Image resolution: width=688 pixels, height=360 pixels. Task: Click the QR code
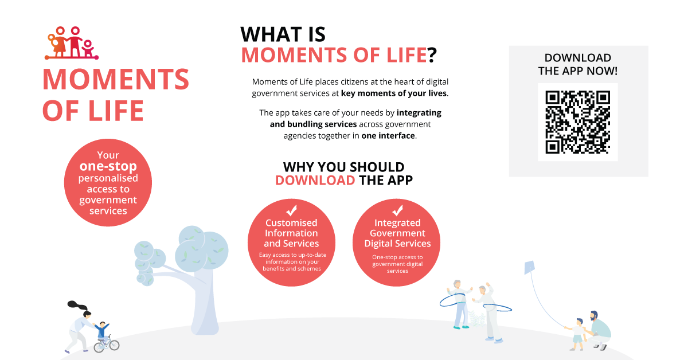[577, 122]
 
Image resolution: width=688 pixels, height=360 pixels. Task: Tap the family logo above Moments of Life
[72, 43]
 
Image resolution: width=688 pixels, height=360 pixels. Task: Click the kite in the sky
[530, 268]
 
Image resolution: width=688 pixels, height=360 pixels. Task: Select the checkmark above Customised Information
[291, 211]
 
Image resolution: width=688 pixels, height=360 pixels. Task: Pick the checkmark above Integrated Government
[397, 211]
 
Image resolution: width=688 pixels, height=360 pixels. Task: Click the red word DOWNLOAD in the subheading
[315, 181]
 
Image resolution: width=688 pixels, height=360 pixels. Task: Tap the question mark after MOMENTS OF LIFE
[432, 55]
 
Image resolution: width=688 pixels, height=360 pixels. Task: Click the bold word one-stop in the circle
[108, 166]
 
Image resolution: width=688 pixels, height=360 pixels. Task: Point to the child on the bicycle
[103, 332]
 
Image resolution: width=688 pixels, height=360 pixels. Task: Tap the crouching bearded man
[599, 331]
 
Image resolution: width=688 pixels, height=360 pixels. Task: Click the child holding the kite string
[577, 335]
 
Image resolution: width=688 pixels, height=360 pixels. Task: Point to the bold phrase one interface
[388, 136]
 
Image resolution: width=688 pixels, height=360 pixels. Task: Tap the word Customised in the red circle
[291, 222]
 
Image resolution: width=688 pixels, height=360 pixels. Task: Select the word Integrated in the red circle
[397, 222]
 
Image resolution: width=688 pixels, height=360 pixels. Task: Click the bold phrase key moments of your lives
[394, 93]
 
